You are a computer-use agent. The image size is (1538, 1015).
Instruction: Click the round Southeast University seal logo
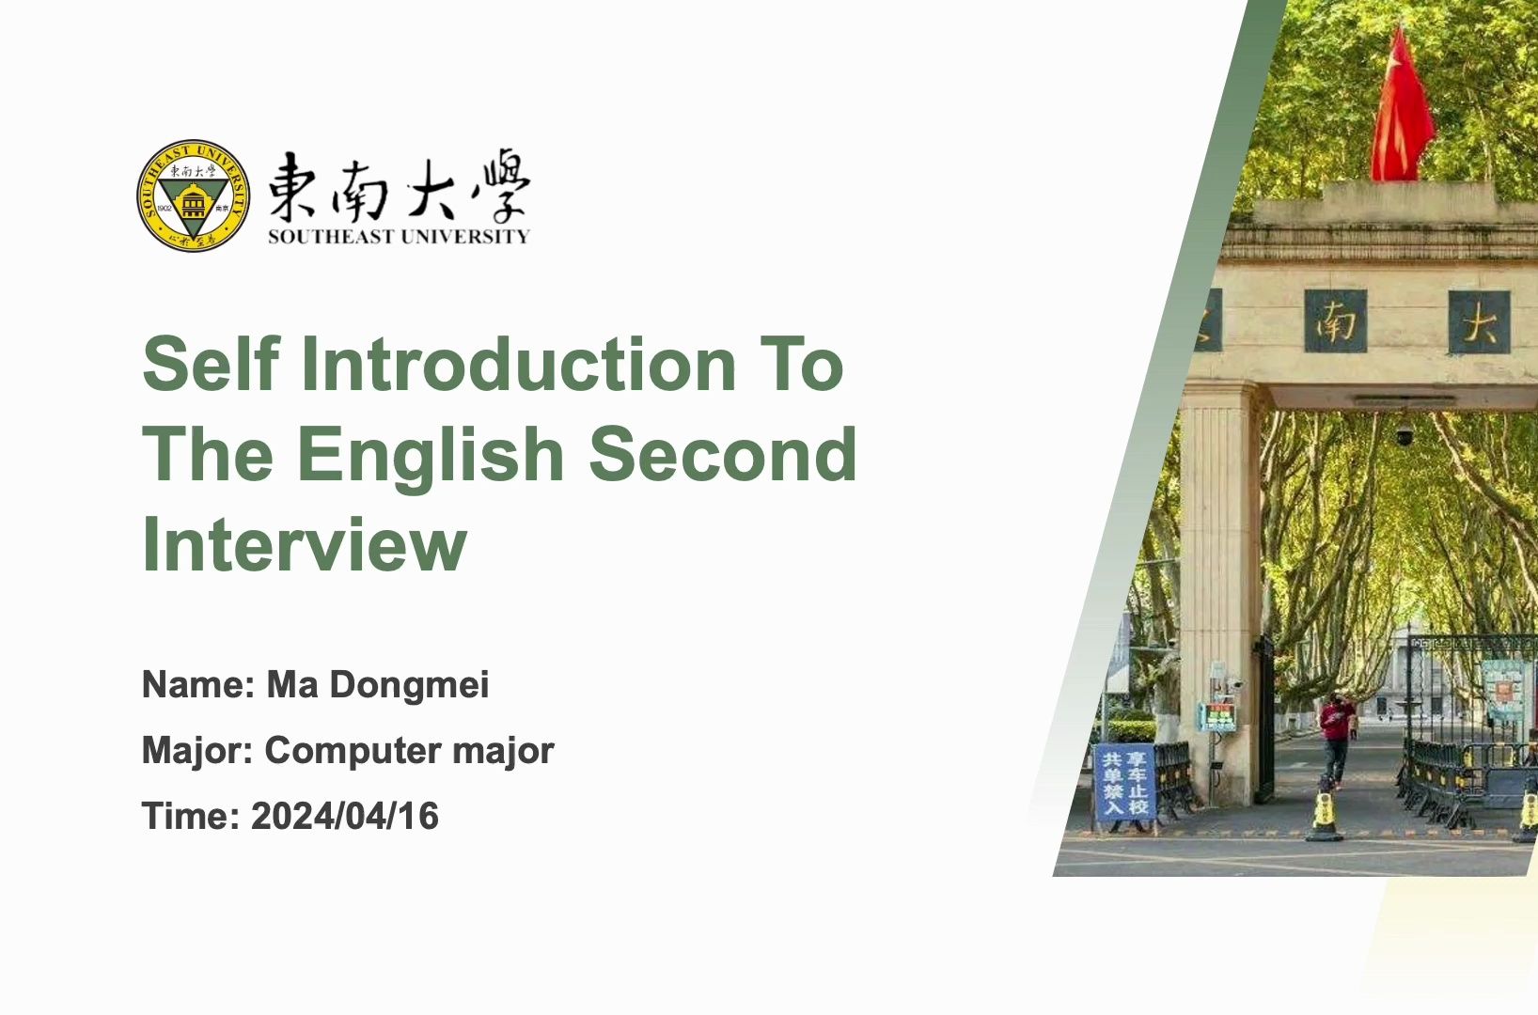coord(193,196)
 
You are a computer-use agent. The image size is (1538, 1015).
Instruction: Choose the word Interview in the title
coord(304,544)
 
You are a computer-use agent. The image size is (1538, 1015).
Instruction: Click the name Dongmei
coord(409,684)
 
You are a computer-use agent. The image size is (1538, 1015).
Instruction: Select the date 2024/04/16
coord(344,816)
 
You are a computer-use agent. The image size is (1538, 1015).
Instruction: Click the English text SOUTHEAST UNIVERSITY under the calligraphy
coord(399,237)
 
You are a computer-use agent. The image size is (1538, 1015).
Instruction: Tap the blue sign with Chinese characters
coord(1125,785)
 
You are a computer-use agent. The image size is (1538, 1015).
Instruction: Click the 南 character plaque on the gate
coord(1335,322)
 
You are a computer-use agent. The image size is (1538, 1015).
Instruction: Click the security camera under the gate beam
coord(1404,434)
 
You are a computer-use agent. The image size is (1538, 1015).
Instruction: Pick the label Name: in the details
coord(198,684)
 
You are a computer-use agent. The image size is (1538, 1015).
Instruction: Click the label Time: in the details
coord(191,816)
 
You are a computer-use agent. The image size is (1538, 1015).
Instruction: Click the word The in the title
coord(208,454)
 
